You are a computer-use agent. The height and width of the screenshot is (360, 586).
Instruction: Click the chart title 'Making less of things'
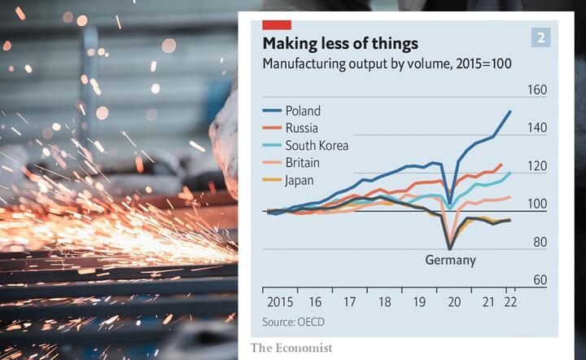(x=340, y=44)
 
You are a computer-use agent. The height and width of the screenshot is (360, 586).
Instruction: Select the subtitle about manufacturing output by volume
(x=387, y=64)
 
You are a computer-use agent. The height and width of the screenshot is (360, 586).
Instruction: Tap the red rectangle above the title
(x=277, y=25)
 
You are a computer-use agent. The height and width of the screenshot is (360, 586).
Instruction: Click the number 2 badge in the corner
(x=540, y=37)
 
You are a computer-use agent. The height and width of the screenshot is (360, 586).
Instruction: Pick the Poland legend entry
(x=291, y=111)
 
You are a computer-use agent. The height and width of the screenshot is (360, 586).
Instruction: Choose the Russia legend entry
(x=291, y=128)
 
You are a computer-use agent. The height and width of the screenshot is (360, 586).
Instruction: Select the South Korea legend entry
(x=305, y=146)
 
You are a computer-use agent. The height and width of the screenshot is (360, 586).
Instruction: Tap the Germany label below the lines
(x=450, y=260)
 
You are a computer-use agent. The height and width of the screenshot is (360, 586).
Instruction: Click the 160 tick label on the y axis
(x=537, y=90)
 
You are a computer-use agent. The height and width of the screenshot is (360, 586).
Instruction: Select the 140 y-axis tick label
(x=537, y=128)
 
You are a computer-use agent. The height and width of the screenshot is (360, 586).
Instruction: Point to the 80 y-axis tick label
(x=540, y=242)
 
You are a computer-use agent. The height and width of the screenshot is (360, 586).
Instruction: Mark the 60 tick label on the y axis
(x=540, y=280)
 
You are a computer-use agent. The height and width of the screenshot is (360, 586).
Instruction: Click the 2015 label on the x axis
(x=280, y=302)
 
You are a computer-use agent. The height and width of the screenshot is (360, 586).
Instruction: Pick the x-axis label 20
(x=454, y=302)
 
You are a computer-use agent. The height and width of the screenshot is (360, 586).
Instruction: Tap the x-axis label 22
(x=510, y=302)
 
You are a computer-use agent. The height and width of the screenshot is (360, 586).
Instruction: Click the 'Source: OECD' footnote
(x=293, y=323)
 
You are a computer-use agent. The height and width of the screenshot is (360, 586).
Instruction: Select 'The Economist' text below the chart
(x=291, y=348)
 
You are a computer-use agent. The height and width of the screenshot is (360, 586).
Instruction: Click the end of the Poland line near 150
(x=510, y=111)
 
